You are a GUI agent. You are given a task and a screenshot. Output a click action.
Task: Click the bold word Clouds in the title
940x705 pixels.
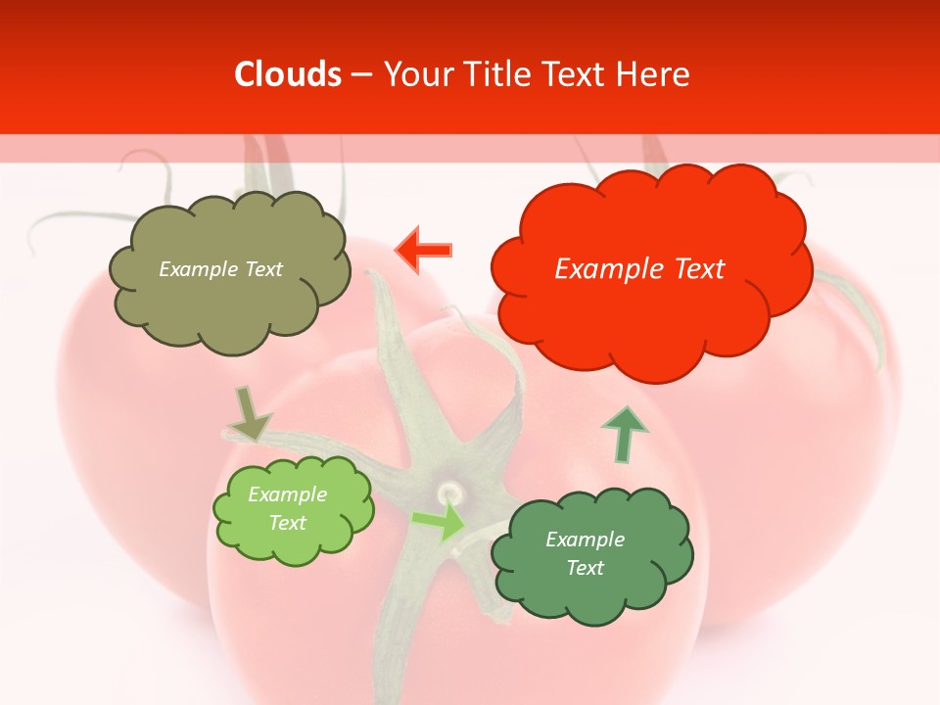click(288, 74)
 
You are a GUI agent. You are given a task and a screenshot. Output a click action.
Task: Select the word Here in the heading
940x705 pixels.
click(654, 74)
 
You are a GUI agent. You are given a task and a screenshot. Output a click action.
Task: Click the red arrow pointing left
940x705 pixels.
click(424, 250)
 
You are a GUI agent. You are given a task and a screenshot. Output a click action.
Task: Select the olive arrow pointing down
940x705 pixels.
click(249, 412)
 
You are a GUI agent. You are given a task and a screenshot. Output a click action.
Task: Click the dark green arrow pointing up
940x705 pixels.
click(624, 435)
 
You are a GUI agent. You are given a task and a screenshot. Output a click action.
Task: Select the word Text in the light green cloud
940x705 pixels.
click(288, 523)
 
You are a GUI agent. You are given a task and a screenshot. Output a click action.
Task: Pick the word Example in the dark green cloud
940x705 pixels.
click(585, 540)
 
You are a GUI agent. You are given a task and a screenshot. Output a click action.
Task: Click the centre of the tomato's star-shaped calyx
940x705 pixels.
click(449, 489)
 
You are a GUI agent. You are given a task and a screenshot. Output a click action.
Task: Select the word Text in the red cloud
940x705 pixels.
click(693, 269)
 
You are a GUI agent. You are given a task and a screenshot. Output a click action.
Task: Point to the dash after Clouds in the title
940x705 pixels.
click(359, 75)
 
